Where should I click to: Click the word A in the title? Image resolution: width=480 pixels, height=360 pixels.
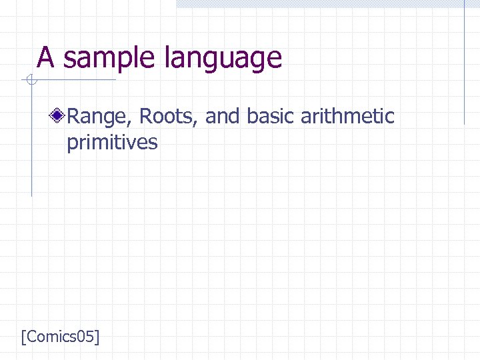(45, 58)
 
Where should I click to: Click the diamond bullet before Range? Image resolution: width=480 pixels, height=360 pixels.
(59, 117)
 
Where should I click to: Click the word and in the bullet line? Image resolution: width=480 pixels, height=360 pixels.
(223, 117)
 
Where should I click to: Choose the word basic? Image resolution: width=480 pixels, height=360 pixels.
(271, 117)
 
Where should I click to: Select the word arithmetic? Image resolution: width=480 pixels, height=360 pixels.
(347, 117)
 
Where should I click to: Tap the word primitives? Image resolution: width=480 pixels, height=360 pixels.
(112, 143)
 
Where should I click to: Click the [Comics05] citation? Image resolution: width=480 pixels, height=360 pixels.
(60, 337)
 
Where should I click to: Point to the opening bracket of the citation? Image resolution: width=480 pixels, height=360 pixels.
(24, 337)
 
